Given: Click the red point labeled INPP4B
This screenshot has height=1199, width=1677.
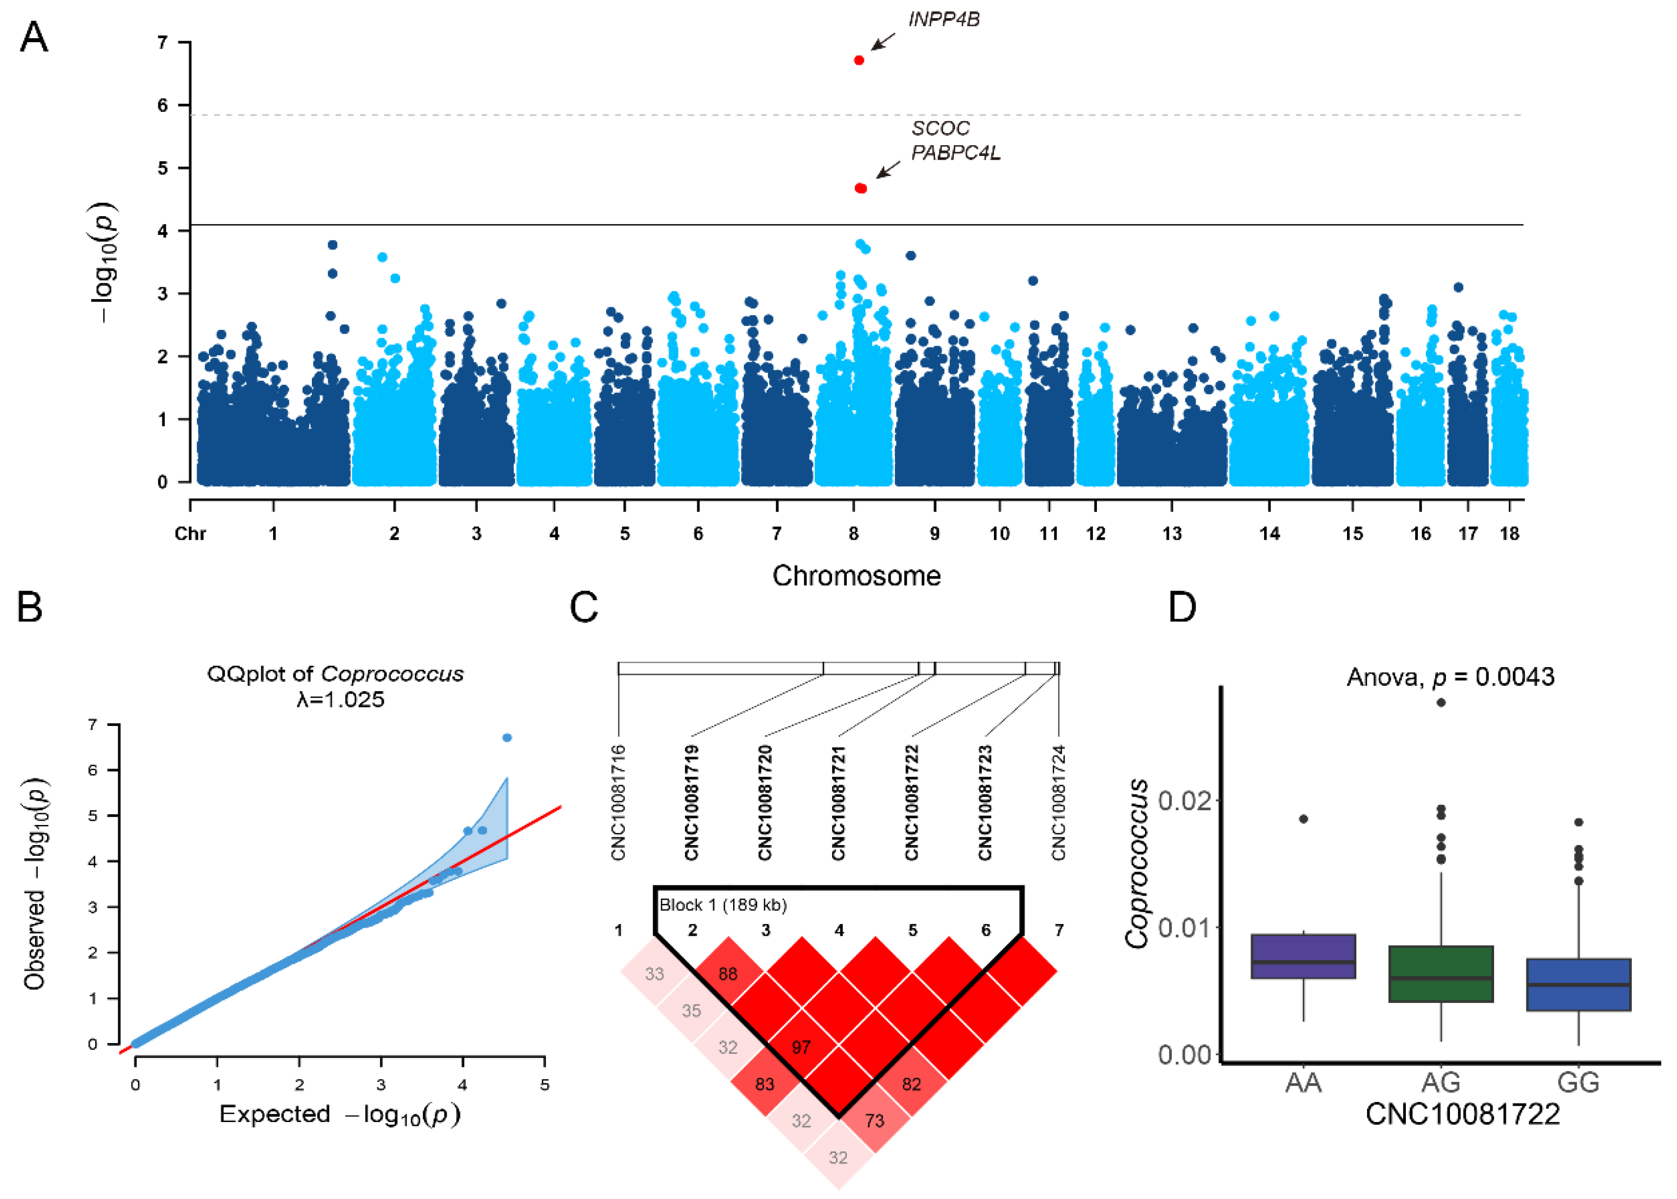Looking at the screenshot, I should (x=859, y=60).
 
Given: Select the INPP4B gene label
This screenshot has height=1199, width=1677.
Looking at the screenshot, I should (x=944, y=20).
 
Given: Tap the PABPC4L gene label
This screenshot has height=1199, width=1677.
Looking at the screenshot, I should (x=956, y=153).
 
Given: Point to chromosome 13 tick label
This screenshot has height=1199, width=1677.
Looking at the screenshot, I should (x=1172, y=534).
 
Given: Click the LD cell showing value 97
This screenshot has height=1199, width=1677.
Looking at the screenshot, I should (x=801, y=1047).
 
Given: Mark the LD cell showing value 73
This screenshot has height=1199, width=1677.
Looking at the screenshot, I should (x=874, y=1121).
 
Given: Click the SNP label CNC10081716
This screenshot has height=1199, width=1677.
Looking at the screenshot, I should (x=618, y=802).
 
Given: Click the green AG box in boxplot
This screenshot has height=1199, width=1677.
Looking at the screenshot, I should (x=1441, y=974).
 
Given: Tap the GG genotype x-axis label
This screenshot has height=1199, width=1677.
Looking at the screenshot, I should (x=1578, y=1083).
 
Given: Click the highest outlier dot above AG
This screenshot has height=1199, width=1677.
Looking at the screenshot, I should (x=1441, y=702).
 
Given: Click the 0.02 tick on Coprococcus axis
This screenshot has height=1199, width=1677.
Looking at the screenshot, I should (x=1183, y=800).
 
